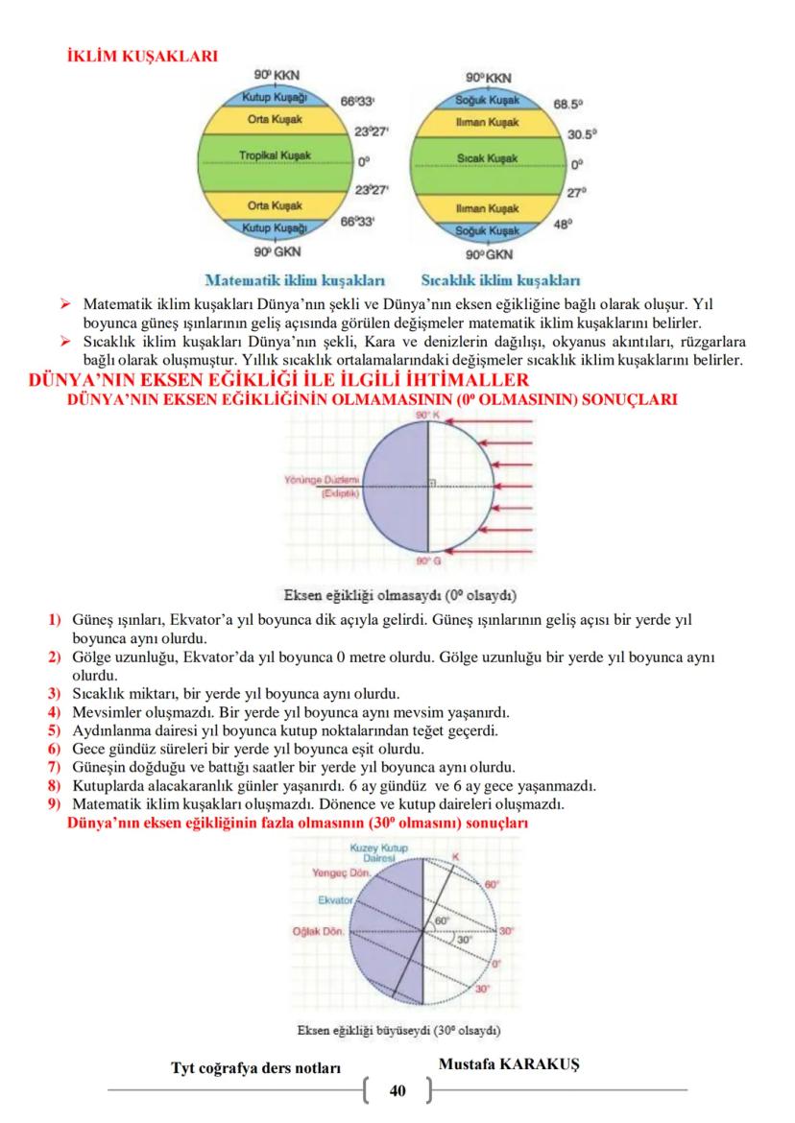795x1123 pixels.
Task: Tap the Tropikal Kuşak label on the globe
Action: tap(270, 155)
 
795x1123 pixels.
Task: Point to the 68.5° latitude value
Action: tap(568, 103)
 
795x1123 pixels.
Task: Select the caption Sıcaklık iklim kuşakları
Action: tap(500, 281)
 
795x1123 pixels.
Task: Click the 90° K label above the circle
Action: tap(426, 414)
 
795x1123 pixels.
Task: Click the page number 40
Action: tap(398, 1090)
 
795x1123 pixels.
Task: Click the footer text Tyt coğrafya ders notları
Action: tap(255, 1068)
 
